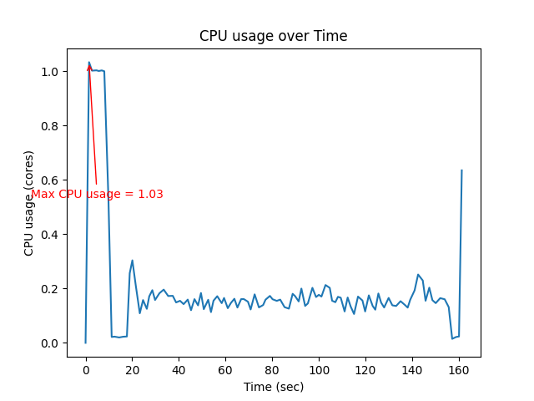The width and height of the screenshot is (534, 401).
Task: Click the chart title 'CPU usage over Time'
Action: [x=273, y=36]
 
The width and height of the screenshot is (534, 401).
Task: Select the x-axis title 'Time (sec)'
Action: [x=273, y=387]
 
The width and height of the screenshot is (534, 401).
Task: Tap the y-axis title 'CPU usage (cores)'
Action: [x=29, y=203]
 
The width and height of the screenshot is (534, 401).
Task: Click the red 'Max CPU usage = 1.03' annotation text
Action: [x=97, y=195]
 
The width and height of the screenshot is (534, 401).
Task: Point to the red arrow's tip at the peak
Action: [x=88, y=63]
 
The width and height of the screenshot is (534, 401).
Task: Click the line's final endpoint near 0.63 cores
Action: [x=461, y=170]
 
